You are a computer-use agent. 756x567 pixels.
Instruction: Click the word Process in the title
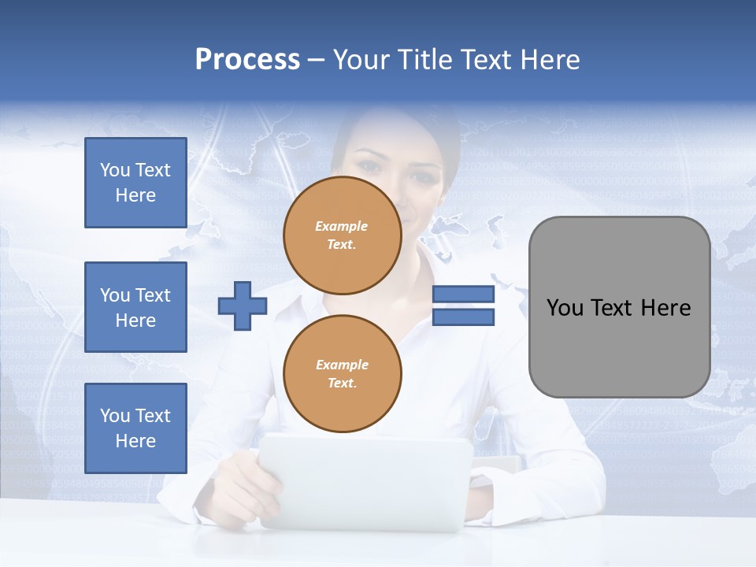(247, 60)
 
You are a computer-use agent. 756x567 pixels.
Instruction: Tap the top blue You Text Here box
(135, 183)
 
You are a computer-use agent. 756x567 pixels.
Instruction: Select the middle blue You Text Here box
(135, 307)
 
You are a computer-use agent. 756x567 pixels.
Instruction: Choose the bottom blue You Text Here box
(135, 428)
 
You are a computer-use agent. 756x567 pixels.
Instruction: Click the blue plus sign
(242, 306)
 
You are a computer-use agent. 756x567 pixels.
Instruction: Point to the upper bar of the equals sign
(463, 295)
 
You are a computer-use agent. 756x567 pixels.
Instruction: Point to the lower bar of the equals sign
(463, 317)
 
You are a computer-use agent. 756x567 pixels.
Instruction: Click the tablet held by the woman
(365, 480)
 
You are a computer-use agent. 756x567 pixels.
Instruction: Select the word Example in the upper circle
(342, 226)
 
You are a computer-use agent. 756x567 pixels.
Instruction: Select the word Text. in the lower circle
(342, 383)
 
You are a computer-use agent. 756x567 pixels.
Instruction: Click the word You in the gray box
(565, 308)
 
